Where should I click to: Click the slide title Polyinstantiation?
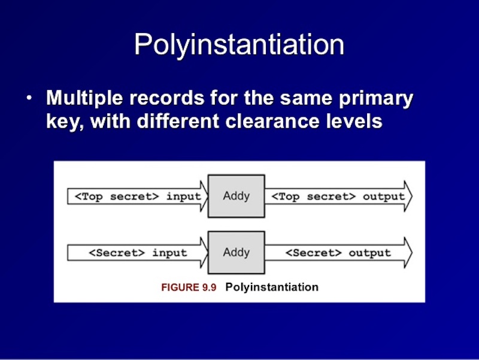[x=239, y=46]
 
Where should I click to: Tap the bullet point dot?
[x=29, y=98]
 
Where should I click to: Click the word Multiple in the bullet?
[x=84, y=98]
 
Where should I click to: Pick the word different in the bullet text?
[x=178, y=121]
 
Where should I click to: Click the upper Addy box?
[x=236, y=196]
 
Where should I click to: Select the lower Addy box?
[x=236, y=252]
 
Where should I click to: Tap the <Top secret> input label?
[x=138, y=196]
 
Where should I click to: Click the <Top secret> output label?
[x=338, y=196]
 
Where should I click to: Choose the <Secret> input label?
[x=138, y=253]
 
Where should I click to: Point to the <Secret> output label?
[x=338, y=253]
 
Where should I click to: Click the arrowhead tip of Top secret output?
[x=412, y=196]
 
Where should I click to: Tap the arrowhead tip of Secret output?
[x=412, y=253]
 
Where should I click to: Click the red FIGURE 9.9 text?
[x=189, y=288]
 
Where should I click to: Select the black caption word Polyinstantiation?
[x=272, y=288]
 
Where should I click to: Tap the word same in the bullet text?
[x=306, y=99]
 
